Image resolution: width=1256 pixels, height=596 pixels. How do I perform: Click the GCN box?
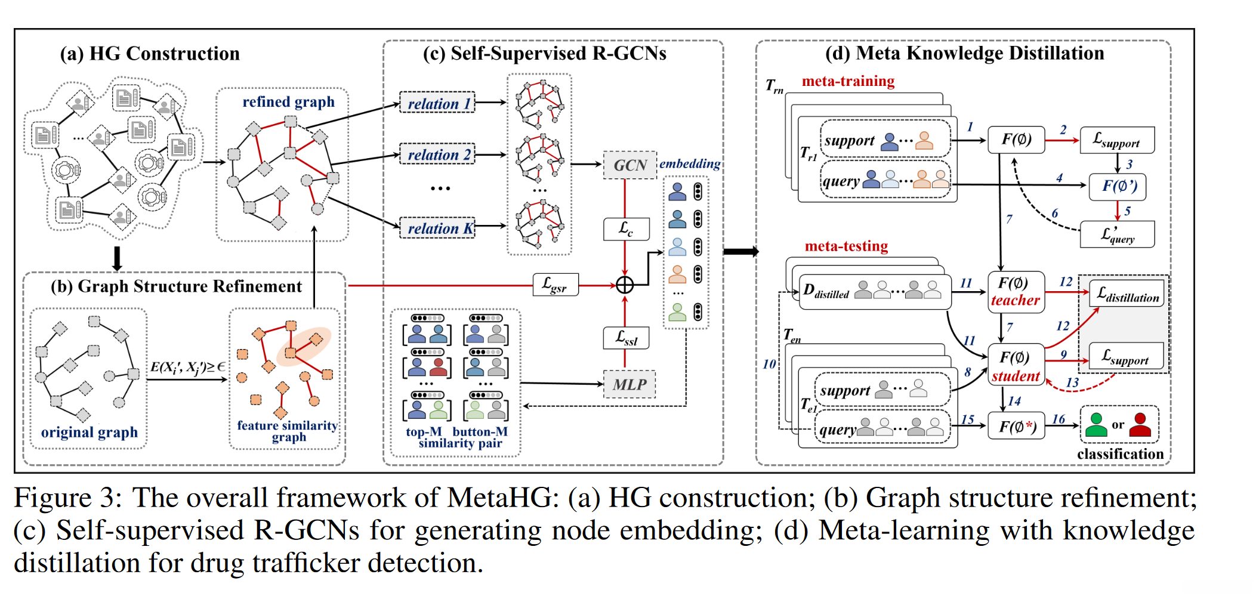click(630, 165)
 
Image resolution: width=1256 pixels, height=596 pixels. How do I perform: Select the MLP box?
click(629, 385)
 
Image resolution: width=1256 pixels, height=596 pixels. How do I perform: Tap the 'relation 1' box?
click(437, 103)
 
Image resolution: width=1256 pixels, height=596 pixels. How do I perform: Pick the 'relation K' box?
click(437, 228)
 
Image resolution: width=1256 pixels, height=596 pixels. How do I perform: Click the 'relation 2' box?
click(437, 155)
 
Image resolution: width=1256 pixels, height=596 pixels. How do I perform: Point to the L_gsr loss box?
click(556, 285)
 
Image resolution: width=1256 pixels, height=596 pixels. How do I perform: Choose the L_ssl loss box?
click(625, 338)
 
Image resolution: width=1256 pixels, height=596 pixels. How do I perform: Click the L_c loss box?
click(626, 229)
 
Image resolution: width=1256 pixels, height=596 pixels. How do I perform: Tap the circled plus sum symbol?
click(625, 285)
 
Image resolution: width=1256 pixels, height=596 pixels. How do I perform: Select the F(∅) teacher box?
click(1016, 292)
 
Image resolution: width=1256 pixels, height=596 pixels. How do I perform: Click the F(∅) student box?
click(1016, 365)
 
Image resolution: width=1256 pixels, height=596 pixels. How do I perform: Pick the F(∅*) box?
click(1016, 426)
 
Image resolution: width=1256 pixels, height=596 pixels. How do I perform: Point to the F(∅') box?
click(1117, 186)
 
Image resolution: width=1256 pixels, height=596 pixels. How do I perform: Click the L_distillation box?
click(1127, 294)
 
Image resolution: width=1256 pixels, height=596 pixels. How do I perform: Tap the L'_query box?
click(1117, 234)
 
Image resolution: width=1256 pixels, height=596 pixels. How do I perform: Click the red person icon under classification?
click(1140, 425)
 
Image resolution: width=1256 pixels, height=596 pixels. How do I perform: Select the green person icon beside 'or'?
click(1095, 425)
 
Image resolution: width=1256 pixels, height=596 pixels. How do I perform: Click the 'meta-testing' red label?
click(846, 246)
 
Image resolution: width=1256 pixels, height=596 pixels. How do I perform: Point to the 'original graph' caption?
click(89, 432)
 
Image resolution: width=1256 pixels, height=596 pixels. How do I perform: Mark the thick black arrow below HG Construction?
click(118, 258)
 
